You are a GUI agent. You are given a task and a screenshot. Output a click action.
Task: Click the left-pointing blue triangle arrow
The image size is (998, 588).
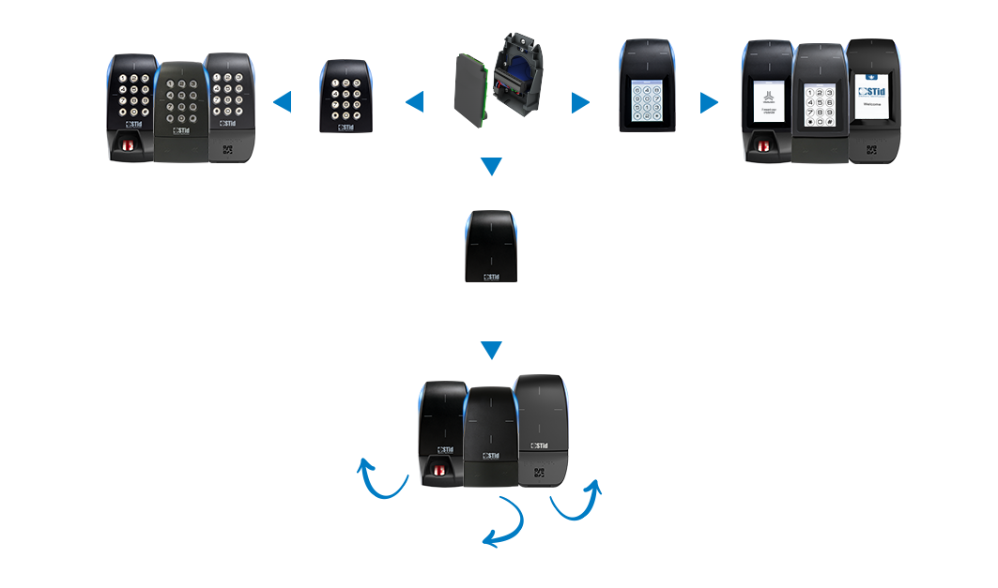point(415,102)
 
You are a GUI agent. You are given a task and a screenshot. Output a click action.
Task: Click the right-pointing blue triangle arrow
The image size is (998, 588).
point(580,102)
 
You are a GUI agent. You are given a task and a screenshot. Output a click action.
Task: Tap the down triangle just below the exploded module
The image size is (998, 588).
point(491,167)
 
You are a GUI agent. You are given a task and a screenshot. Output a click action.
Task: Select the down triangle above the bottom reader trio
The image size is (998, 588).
point(491,351)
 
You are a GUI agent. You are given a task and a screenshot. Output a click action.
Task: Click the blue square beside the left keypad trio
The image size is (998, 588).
point(283,102)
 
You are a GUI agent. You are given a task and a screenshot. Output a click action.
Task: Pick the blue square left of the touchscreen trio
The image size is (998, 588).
point(710,102)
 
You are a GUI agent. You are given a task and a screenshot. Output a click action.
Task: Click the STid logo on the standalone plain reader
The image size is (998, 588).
point(491,277)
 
